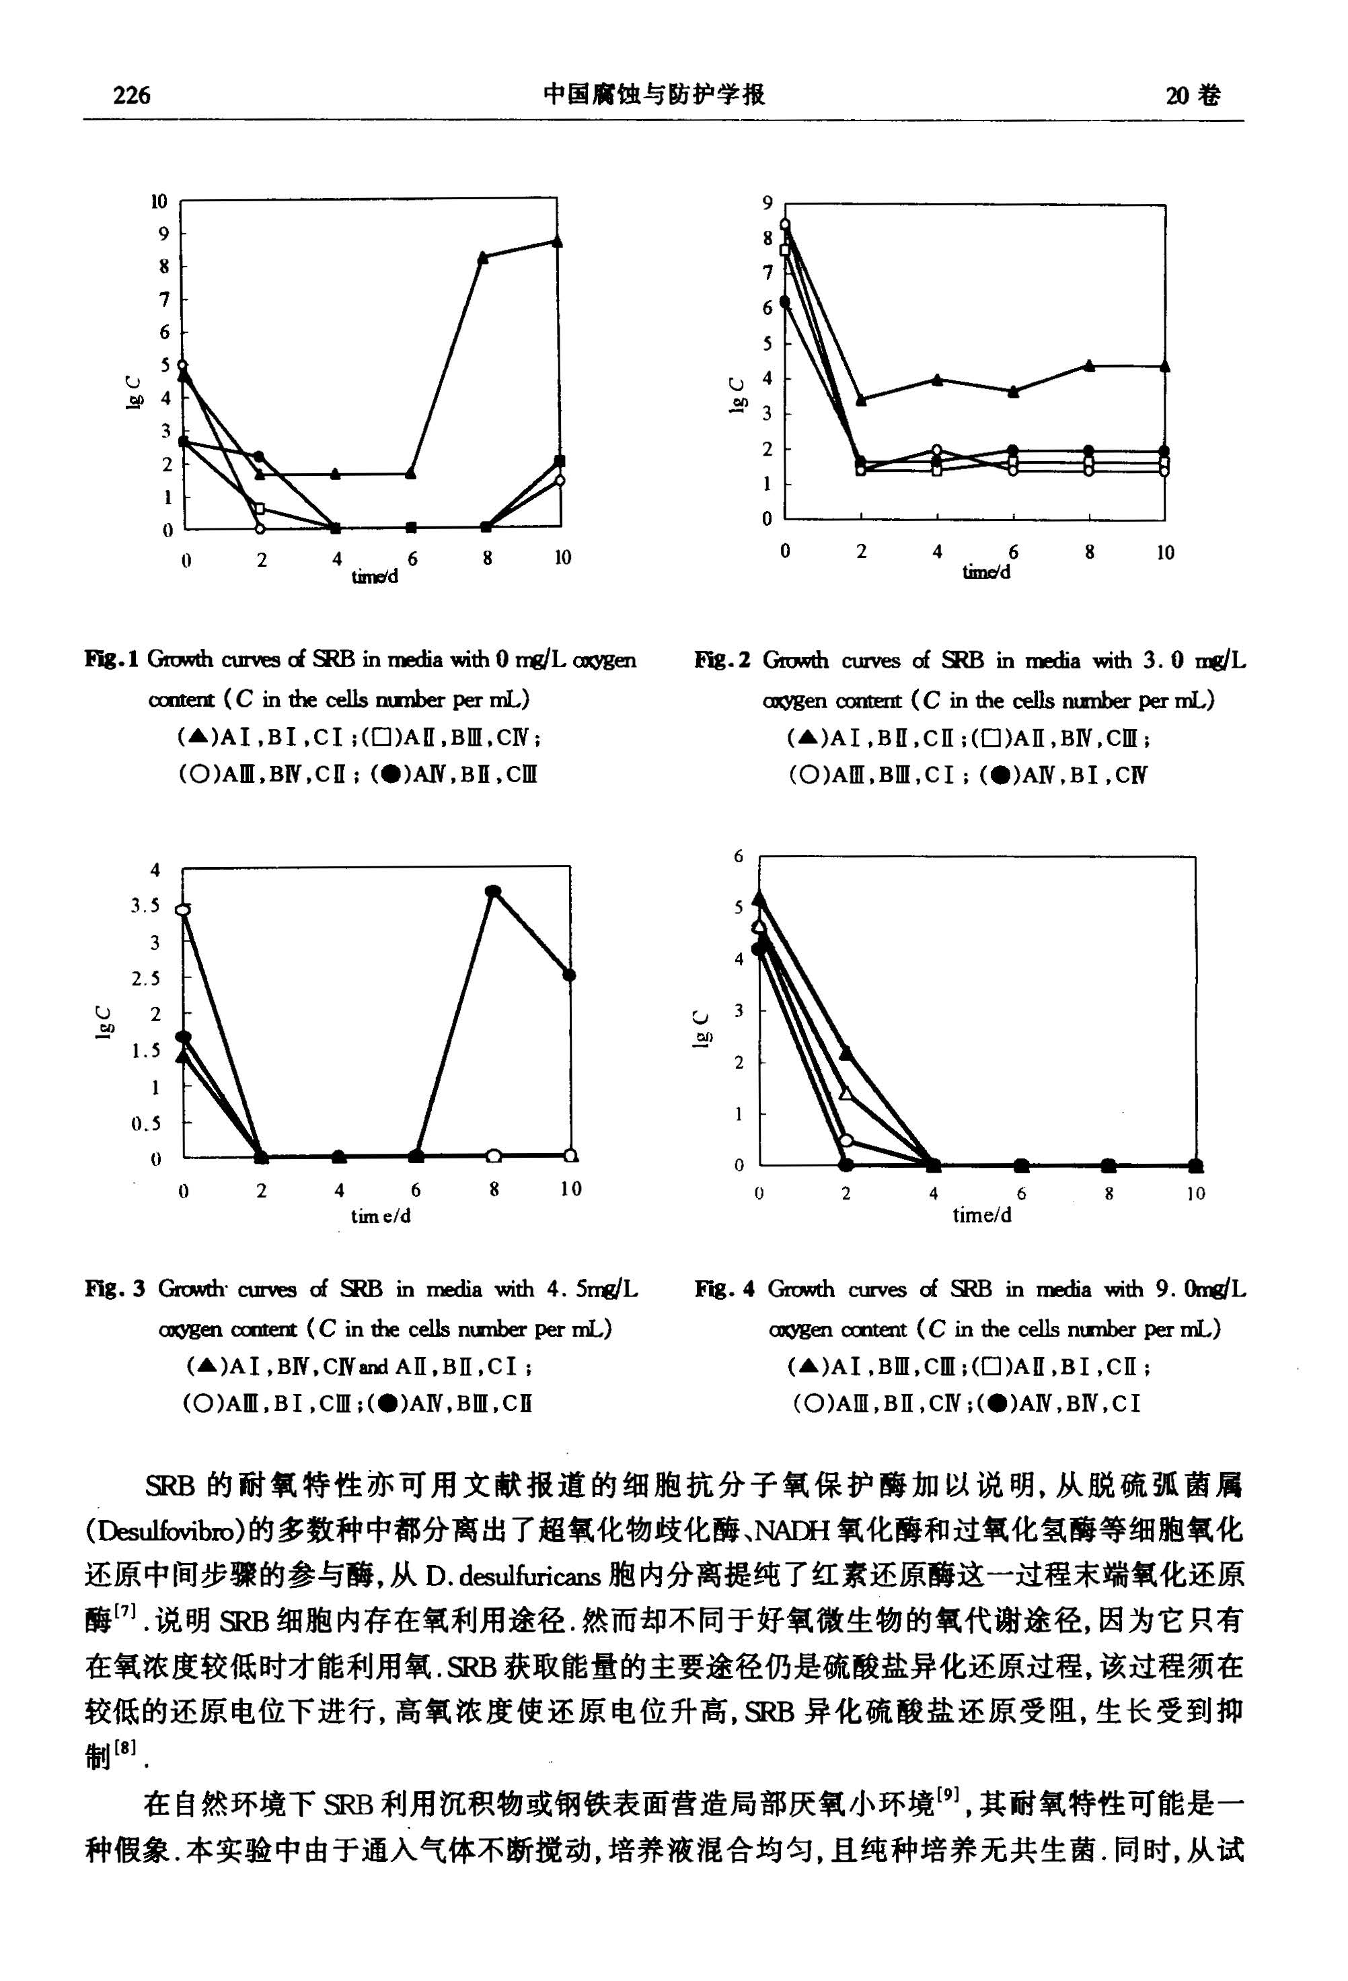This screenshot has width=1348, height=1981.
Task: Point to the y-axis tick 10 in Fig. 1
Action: tap(159, 202)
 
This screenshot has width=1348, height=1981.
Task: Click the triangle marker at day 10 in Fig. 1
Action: tap(557, 241)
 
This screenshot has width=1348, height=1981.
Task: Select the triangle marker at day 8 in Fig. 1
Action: tap(483, 256)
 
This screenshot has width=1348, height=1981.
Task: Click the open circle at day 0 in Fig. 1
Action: tap(182, 365)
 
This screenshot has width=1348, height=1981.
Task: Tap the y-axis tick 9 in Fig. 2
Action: tap(767, 203)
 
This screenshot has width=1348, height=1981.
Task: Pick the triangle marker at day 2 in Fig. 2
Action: tap(860, 399)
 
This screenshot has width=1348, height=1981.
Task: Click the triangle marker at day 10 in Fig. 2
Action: tap(1165, 366)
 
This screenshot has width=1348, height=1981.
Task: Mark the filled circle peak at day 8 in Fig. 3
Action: tap(492, 892)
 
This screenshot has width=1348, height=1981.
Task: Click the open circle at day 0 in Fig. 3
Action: tap(183, 909)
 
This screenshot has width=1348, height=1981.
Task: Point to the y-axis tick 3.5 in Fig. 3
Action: tap(145, 906)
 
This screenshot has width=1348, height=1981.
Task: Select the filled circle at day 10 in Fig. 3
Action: tap(569, 975)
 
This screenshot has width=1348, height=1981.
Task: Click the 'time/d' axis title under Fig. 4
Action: tap(981, 1216)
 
